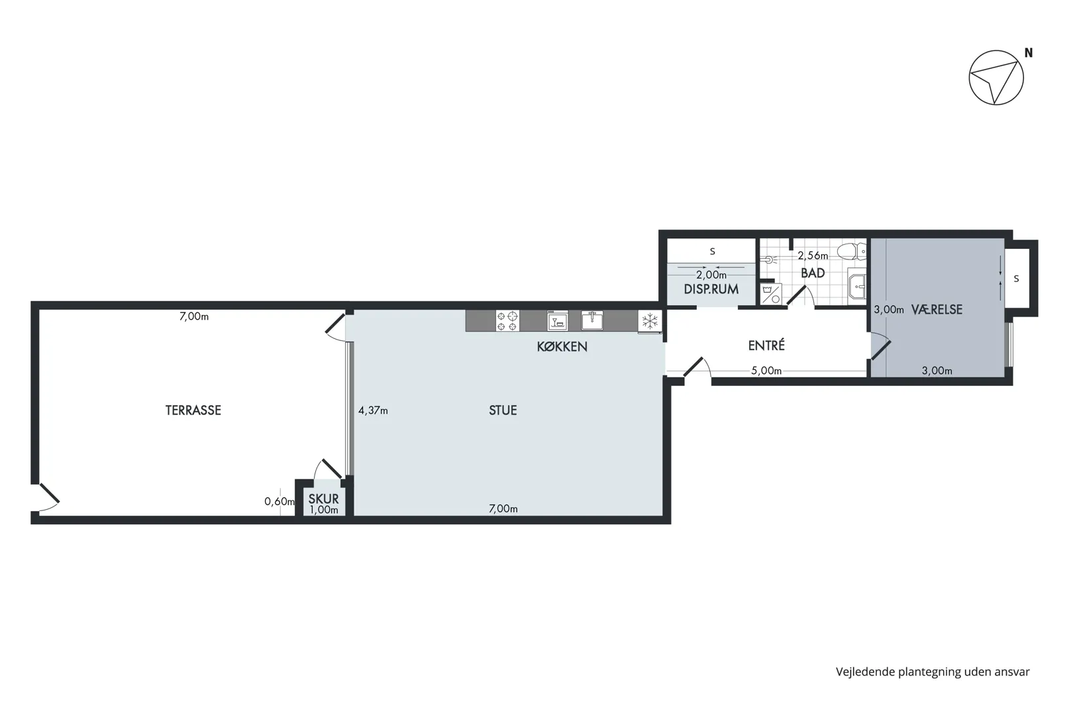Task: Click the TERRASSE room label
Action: tap(193, 410)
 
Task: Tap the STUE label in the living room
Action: tap(503, 410)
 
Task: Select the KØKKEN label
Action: tap(562, 347)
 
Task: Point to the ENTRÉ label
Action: tap(766, 345)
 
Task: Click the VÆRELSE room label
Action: tap(937, 310)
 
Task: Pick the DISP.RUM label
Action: tap(711, 289)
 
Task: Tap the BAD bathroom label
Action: tap(813, 273)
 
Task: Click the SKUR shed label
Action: tap(323, 499)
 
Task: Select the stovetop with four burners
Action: tap(507, 321)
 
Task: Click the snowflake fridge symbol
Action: tap(650, 321)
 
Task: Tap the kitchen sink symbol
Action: tap(592, 320)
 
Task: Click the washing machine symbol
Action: tap(771, 294)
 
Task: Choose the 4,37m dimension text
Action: tap(373, 410)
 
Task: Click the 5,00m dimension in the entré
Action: tap(766, 371)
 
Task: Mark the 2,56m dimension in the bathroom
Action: tap(813, 256)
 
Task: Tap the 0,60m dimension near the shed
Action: tap(280, 501)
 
